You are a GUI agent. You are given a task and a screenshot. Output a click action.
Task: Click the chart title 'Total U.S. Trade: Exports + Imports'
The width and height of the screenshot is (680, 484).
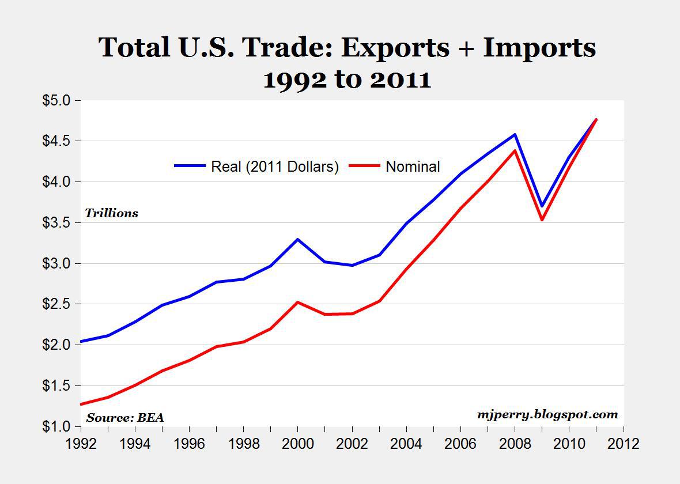click(x=347, y=47)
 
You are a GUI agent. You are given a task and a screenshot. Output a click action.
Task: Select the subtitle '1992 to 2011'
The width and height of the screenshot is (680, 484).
click(x=347, y=80)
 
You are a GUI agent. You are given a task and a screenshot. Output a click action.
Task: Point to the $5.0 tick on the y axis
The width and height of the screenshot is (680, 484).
click(x=56, y=100)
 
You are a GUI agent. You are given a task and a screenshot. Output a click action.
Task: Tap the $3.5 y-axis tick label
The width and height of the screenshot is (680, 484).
click(x=56, y=223)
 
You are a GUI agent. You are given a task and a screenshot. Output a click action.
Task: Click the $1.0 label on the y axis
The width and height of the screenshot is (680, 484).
click(x=56, y=427)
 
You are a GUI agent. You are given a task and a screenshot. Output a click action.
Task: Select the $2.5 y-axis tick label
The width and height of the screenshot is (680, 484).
click(x=56, y=304)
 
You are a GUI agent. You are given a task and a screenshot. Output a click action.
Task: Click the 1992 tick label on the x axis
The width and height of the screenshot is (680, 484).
click(x=80, y=444)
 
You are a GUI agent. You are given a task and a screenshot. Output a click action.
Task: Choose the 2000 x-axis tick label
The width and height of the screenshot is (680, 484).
click(x=297, y=444)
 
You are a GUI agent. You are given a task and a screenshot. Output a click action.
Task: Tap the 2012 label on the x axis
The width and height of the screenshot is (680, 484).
click(x=624, y=444)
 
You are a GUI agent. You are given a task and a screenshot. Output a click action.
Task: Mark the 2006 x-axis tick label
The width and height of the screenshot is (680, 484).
click(x=460, y=444)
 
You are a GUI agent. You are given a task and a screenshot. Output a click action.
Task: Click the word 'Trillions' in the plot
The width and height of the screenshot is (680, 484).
click(x=112, y=213)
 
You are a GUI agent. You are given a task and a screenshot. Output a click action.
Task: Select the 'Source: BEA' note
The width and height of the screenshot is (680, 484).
click(x=125, y=418)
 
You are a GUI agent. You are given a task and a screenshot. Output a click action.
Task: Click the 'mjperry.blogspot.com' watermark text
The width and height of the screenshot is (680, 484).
click(x=547, y=414)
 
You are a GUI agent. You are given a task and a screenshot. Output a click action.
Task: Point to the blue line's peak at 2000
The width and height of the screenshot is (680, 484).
click(x=297, y=239)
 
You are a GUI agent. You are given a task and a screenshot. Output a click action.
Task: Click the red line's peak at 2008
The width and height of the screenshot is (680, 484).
click(x=515, y=151)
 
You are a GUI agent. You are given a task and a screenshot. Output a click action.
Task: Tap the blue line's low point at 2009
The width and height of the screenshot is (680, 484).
click(x=542, y=206)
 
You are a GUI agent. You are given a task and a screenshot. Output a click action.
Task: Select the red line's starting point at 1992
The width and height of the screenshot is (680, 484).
click(x=81, y=404)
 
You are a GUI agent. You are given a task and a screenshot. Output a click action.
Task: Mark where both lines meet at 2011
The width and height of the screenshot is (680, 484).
click(x=596, y=120)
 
